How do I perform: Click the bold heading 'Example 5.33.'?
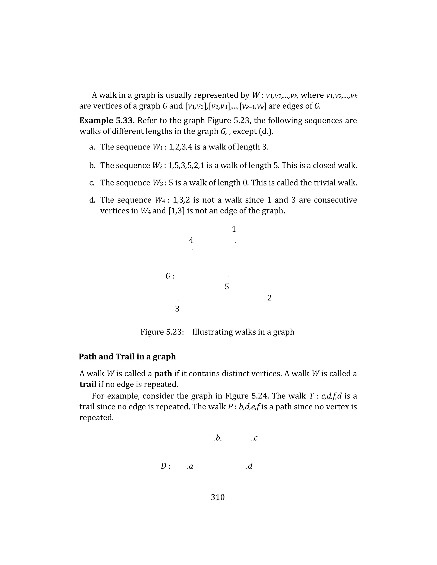tap(107, 120)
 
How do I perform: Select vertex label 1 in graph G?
tap(234, 229)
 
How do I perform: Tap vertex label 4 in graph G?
tap(191, 240)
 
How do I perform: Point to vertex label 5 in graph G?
tap(227, 287)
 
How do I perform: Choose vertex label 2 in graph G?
tap(269, 298)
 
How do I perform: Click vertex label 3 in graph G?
tap(177, 309)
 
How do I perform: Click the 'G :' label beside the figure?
tap(170, 276)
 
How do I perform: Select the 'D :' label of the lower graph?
tap(165, 466)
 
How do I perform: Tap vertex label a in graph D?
tap(191, 466)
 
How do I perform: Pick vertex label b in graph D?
tap(218, 438)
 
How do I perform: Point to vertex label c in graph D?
tap(255, 438)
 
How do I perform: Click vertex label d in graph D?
tap(250, 466)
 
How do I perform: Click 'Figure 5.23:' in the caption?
tap(162, 332)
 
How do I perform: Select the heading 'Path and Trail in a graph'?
tap(127, 357)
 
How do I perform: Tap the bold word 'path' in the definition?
tap(163, 374)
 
